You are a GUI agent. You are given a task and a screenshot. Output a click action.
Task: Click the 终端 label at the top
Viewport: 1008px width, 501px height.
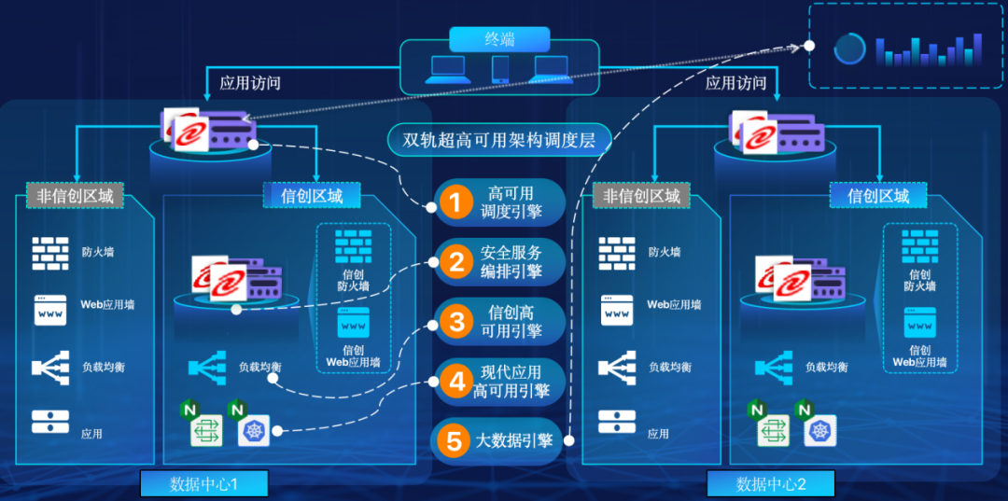[498, 39]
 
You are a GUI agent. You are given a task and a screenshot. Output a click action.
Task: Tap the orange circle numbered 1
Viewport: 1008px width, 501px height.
[455, 203]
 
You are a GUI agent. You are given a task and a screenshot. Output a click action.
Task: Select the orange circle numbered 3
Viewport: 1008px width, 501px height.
[455, 322]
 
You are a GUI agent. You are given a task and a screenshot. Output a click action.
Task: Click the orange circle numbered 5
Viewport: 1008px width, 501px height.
[455, 441]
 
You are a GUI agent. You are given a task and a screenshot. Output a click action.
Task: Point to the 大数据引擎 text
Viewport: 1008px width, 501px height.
[514, 441]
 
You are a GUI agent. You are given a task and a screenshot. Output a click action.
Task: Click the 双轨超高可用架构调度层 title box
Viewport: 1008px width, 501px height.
[499, 141]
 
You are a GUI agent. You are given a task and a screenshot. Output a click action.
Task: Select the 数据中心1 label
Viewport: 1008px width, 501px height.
[203, 483]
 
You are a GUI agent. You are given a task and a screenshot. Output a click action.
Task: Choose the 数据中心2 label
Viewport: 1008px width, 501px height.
[770, 483]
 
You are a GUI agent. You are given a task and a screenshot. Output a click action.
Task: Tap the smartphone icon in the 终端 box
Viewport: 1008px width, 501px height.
[500, 69]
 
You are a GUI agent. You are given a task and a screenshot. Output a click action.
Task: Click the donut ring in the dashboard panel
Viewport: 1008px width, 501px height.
[849, 49]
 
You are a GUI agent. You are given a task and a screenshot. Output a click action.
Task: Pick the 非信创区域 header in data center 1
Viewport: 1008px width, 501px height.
[75, 196]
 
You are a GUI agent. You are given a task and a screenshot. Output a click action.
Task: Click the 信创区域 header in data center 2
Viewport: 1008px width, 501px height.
[877, 196]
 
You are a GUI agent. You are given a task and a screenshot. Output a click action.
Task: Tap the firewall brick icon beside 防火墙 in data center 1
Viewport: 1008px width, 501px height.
[50, 252]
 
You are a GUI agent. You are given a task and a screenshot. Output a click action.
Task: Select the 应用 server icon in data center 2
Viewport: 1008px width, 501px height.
[617, 423]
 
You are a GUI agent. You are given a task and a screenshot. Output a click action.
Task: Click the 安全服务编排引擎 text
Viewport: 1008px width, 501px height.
[511, 262]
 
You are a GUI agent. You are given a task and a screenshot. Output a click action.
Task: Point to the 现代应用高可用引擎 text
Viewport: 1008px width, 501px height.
[511, 382]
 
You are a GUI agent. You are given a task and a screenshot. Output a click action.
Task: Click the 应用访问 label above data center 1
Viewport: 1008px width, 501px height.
[249, 83]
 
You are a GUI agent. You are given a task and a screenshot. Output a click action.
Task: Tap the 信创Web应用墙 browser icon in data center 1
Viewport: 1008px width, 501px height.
[353, 326]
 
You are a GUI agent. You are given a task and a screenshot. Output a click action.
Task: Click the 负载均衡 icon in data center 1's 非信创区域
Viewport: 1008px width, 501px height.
[50, 367]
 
